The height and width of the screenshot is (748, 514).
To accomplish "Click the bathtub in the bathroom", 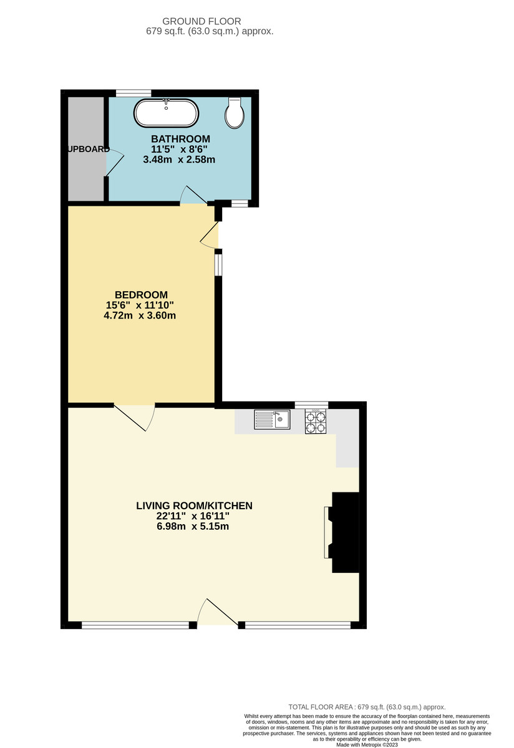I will pos(167,113).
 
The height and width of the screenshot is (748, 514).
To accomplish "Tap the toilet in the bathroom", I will pos(235,113).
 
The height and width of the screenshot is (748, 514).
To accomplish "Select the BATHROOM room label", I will pos(180,138).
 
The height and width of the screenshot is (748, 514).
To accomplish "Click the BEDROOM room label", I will pos(142,295).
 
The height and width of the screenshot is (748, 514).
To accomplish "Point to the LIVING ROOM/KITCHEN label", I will pos(194,506).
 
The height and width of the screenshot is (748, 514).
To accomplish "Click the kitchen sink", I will pos(272,420).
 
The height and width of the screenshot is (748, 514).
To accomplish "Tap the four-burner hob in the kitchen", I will pos(316,422).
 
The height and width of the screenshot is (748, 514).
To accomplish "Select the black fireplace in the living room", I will pos(346,532).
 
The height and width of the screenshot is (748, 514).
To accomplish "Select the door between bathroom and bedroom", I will pos(193,196).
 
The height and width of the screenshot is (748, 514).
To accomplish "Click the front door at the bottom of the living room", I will pos(218,614).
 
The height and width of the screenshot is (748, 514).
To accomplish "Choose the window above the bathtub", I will pos(133,93).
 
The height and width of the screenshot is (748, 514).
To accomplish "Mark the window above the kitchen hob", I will pos(311,405).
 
